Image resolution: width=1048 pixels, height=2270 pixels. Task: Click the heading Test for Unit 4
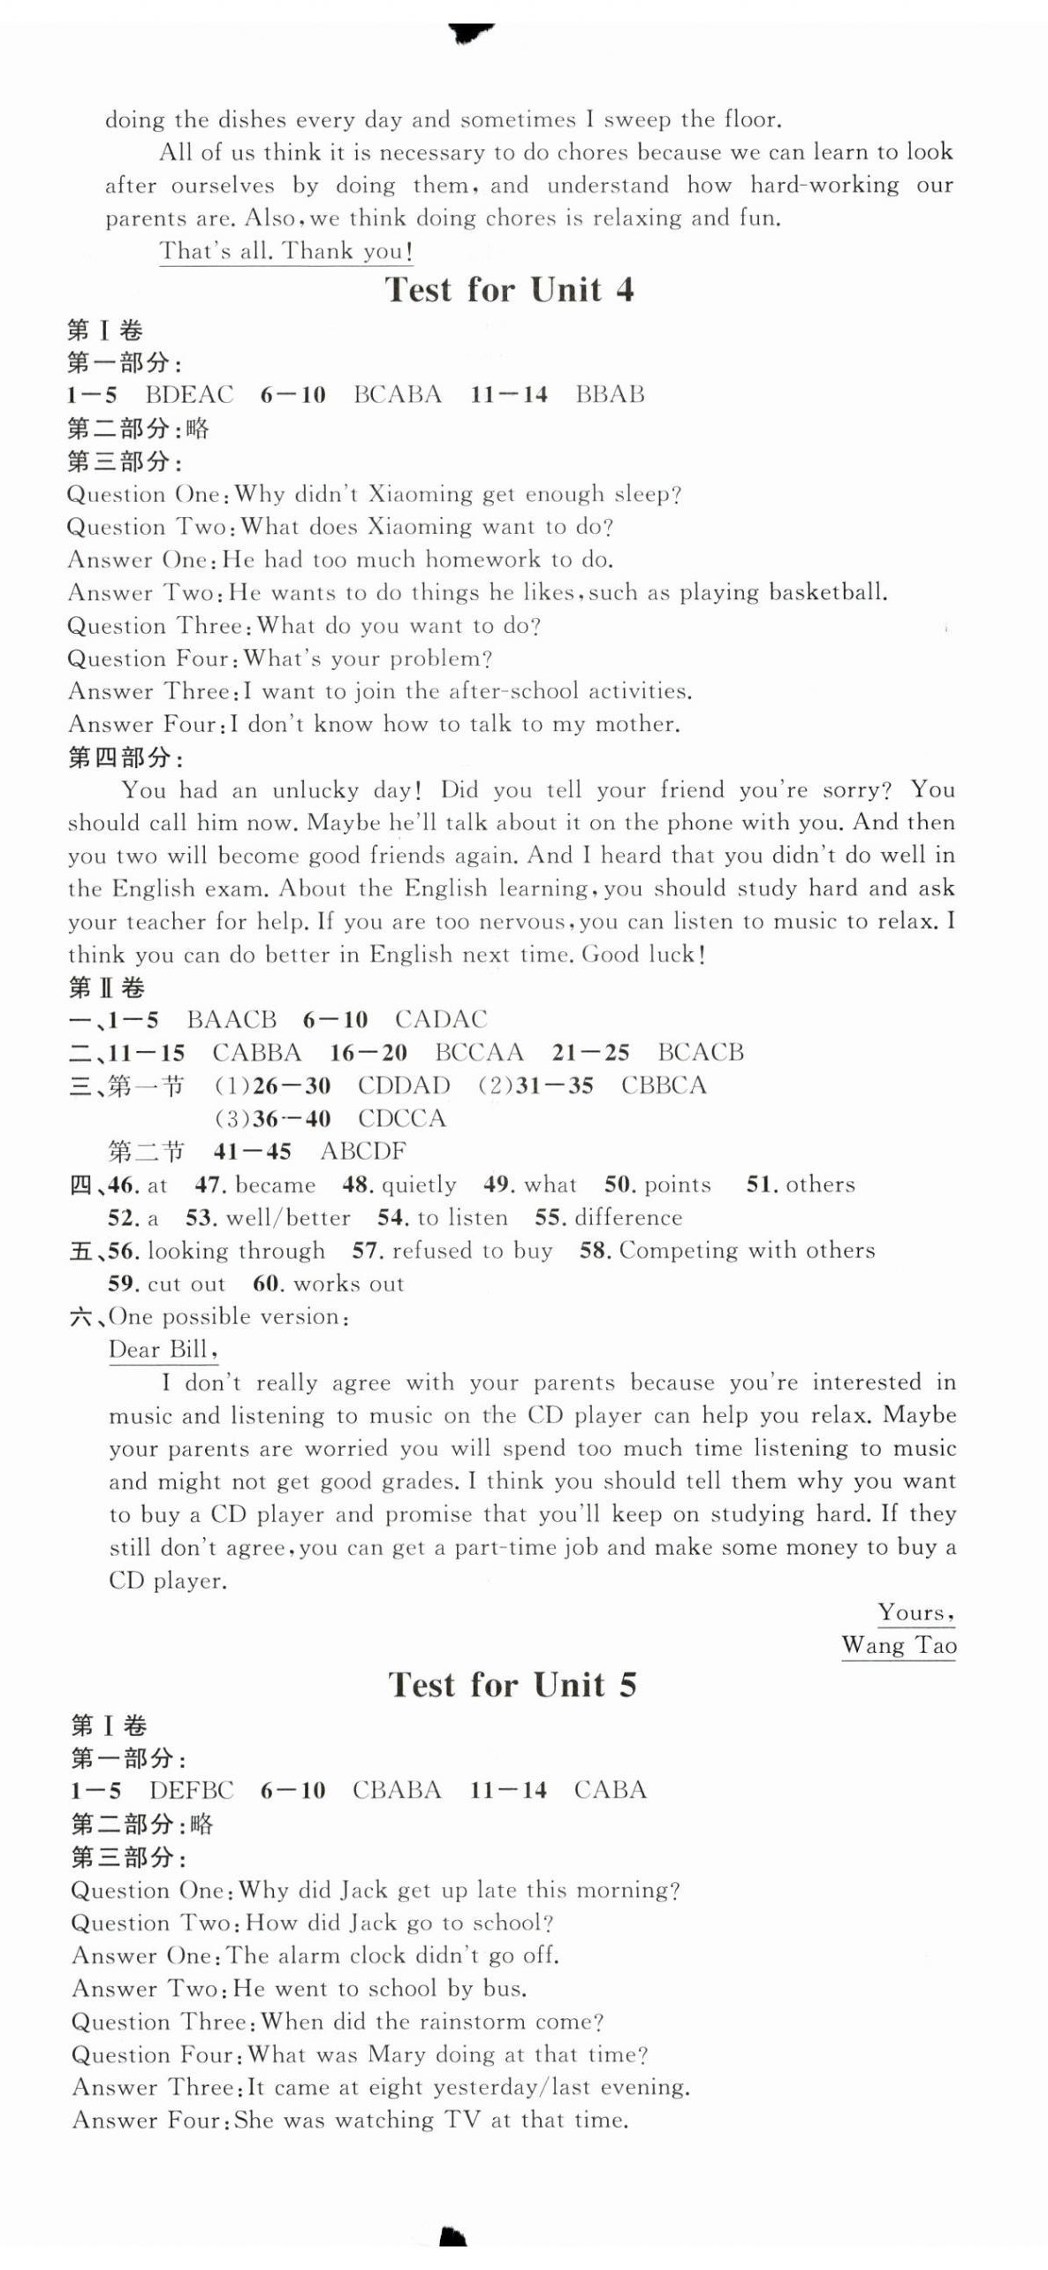(x=509, y=290)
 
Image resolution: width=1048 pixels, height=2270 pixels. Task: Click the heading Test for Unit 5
(x=512, y=1685)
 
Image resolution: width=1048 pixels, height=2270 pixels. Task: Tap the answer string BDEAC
(x=189, y=394)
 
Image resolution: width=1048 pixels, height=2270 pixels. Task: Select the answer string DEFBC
(x=191, y=1791)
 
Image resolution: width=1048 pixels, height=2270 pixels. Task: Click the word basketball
(x=827, y=592)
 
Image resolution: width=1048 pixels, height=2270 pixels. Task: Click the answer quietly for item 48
(x=419, y=1185)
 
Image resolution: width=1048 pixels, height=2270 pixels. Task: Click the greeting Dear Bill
(x=163, y=1350)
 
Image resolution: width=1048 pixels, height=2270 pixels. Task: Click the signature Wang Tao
(x=898, y=1646)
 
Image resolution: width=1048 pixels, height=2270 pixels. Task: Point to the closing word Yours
(x=915, y=1613)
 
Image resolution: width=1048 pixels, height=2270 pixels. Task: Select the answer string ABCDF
(x=363, y=1152)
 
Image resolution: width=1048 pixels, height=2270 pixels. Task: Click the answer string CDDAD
(x=404, y=1085)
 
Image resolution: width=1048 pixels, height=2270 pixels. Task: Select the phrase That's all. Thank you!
(x=286, y=252)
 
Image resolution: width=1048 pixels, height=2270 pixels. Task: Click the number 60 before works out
(x=266, y=1284)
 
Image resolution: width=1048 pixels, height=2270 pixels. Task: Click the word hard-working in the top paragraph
(x=824, y=185)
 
